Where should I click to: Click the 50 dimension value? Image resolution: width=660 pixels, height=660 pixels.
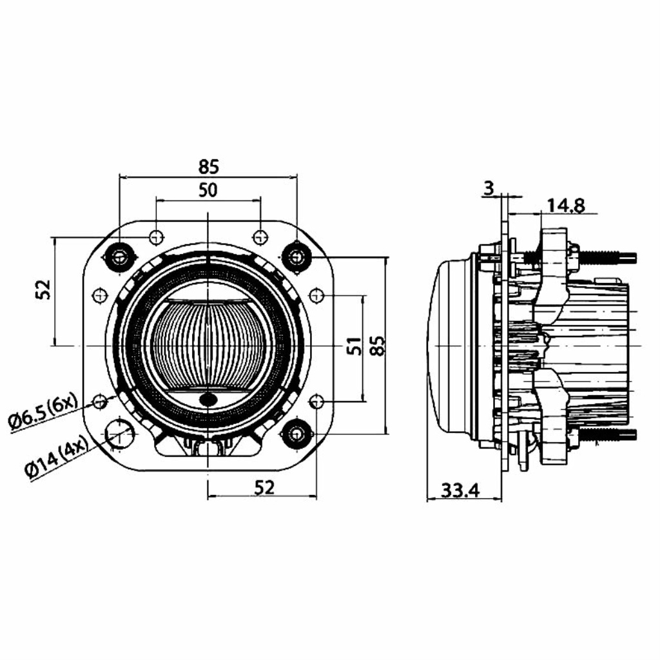[208, 190]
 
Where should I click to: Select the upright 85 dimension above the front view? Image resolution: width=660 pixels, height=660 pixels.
[209, 167]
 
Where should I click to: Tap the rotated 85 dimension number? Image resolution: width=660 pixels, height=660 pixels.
[378, 345]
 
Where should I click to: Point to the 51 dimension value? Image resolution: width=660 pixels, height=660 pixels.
[355, 346]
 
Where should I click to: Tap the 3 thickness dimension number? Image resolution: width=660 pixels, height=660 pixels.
[489, 189]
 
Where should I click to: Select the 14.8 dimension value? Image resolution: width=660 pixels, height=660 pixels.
[566, 206]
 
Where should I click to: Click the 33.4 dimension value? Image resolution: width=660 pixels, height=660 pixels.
[460, 490]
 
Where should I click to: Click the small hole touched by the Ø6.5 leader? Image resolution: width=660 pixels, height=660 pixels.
[100, 402]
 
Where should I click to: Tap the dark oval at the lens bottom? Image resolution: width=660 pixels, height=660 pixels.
[208, 399]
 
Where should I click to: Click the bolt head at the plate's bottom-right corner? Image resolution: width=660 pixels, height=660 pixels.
[297, 434]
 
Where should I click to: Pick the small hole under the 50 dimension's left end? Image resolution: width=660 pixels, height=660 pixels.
[157, 237]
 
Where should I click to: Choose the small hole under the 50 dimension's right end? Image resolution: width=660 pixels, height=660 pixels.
[260, 237]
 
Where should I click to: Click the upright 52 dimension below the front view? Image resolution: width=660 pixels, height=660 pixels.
[264, 487]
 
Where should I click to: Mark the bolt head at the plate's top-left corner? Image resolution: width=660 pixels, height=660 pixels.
[120, 256]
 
